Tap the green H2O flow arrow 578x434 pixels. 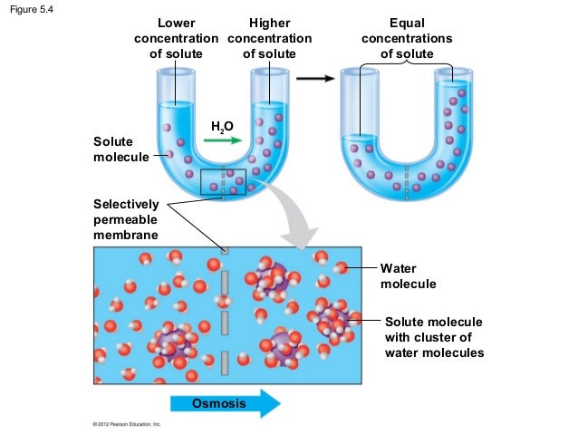(x=222, y=141)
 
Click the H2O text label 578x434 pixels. (x=222, y=127)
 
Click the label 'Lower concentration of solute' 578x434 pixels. (x=176, y=39)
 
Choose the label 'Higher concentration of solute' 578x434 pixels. (x=269, y=39)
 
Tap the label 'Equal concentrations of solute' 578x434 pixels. (x=407, y=39)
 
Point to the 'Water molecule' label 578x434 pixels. (x=407, y=276)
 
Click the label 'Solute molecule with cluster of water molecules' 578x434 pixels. (x=433, y=337)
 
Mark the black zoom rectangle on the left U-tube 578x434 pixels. (x=223, y=181)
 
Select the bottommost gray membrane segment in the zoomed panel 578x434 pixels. (x=225, y=363)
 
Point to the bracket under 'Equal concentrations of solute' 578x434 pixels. (x=407, y=64)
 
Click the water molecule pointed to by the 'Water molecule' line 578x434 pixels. (x=342, y=268)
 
